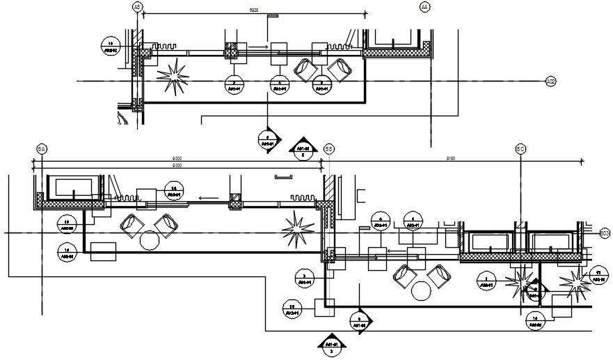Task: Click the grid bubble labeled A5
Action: pyautogui.click(x=137, y=6)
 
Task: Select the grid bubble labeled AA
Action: pyautogui.click(x=425, y=6)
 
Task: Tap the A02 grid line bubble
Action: pyautogui.click(x=551, y=81)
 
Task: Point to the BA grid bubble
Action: pyautogui.click(x=42, y=149)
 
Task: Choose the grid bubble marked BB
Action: pyautogui.click(x=329, y=149)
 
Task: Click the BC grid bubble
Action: pyautogui.click(x=520, y=149)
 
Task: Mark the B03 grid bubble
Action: pyautogui.click(x=605, y=232)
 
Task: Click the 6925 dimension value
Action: pyautogui.click(x=254, y=10)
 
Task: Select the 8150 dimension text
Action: pyautogui.click(x=450, y=159)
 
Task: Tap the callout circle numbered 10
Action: pyautogui.click(x=111, y=46)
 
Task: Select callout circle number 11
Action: pyautogui.click(x=598, y=275)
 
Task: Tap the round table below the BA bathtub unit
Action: pyautogui.click(x=150, y=241)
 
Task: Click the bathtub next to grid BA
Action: pyautogui.click(x=73, y=188)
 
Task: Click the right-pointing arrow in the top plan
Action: pyautogui.click(x=258, y=47)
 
